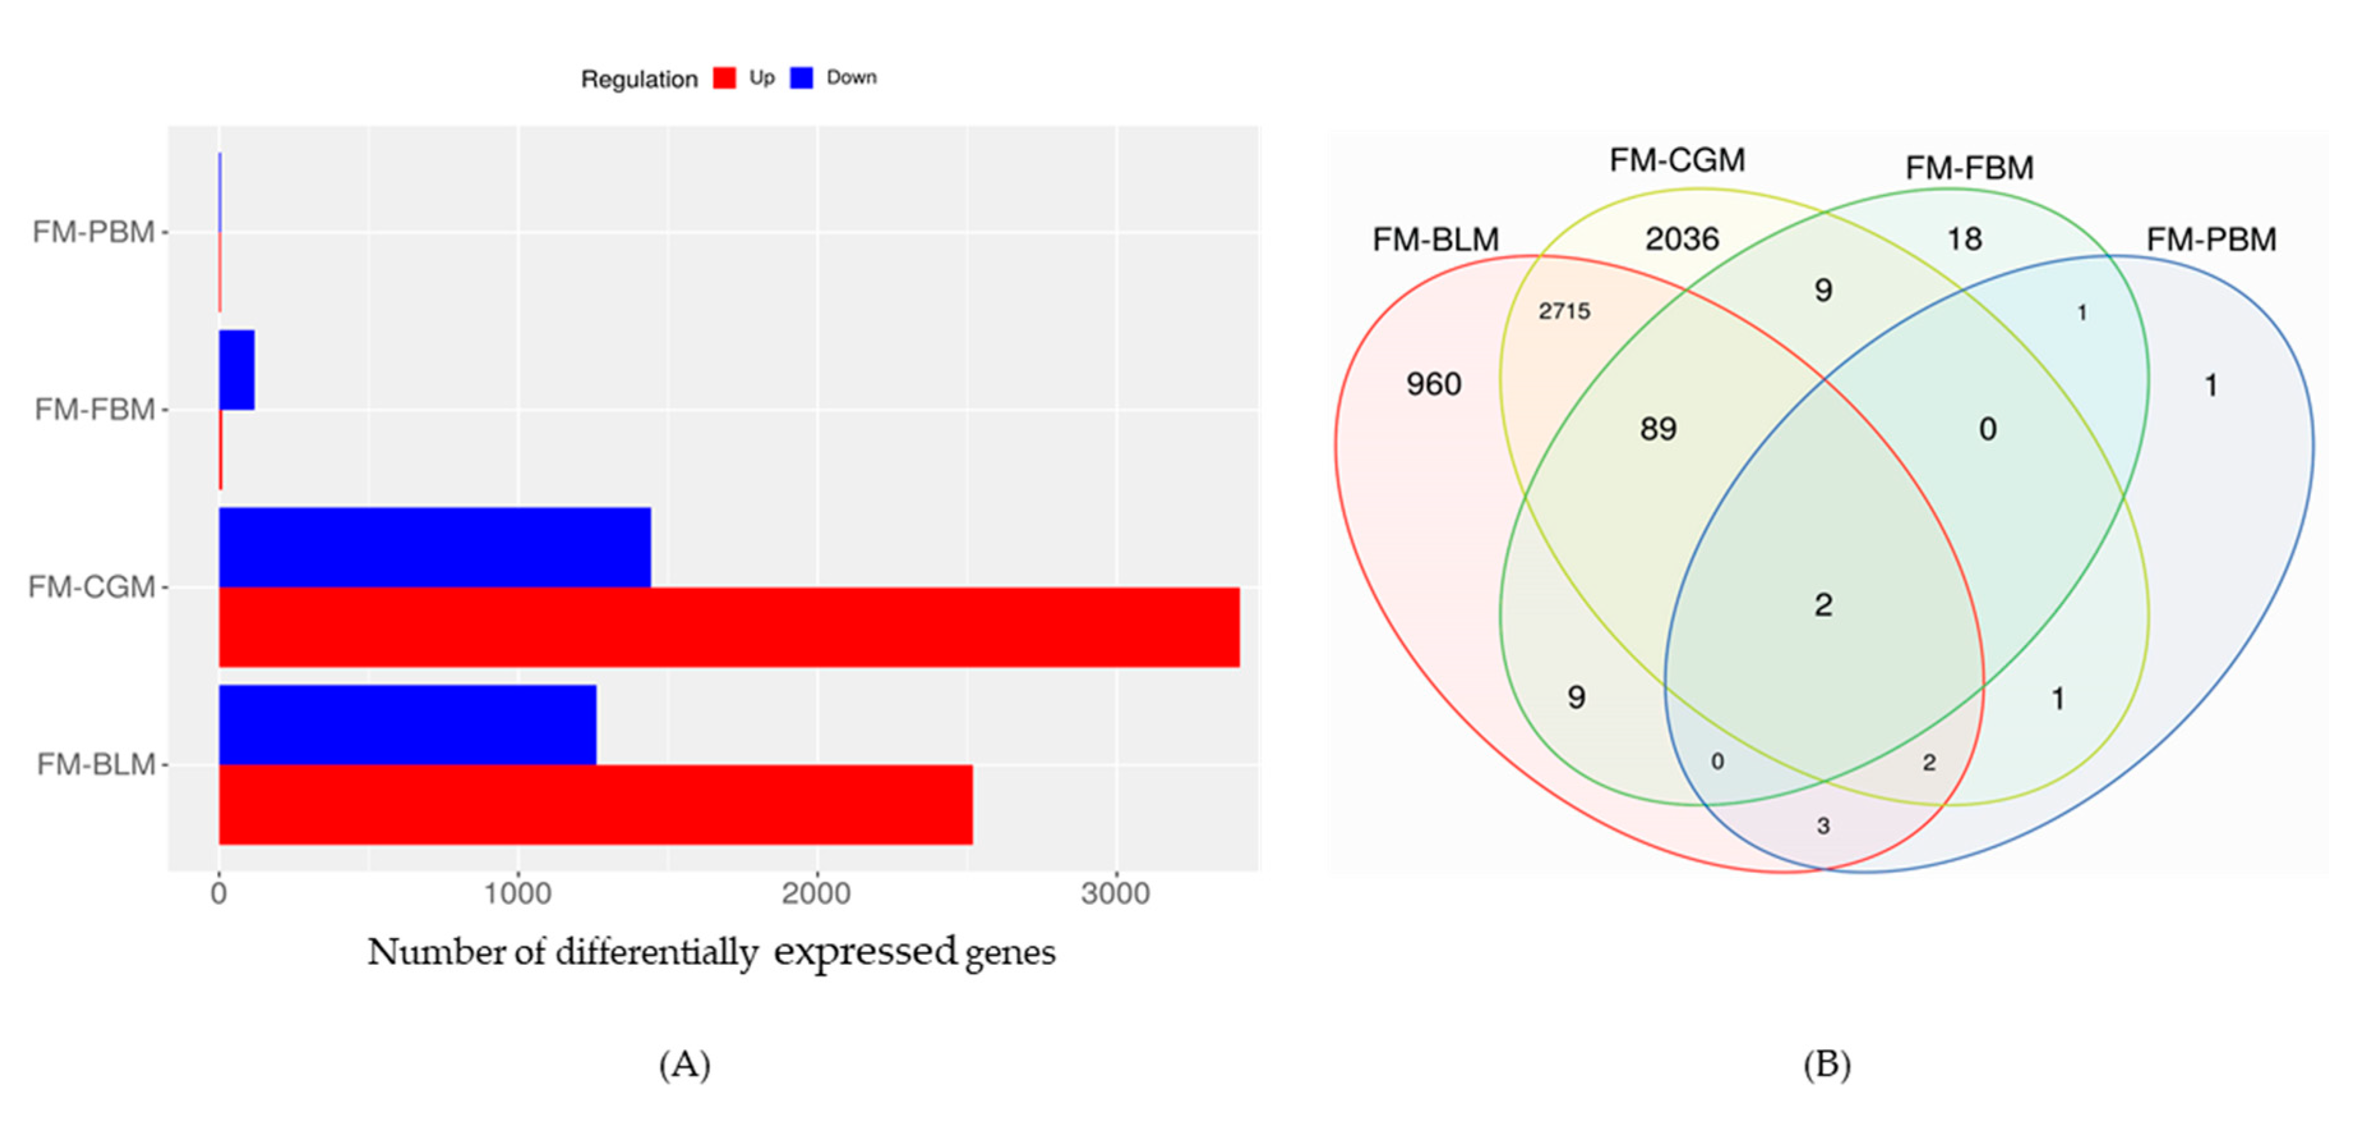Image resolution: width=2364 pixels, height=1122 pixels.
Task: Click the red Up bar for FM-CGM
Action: pos(729,627)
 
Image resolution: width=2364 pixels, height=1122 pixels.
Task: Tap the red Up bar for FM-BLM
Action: pos(595,805)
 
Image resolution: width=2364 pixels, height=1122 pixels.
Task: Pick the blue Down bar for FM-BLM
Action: pos(407,724)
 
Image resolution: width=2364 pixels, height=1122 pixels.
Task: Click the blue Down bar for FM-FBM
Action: pos(237,370)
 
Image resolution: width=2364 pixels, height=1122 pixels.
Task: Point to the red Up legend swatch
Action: pos(724,78)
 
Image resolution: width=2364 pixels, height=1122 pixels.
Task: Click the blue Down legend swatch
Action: pos(801,78)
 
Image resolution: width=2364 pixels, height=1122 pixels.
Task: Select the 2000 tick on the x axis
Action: pos(816,893)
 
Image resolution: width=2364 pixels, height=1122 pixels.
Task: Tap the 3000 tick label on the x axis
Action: pos(1115,893)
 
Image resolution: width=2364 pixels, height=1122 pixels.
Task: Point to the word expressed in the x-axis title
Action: pos(864,952)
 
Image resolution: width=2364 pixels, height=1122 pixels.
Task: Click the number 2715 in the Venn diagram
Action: pos(1564,311)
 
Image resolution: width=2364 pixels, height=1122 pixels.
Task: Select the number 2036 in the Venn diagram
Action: pos(1681,239)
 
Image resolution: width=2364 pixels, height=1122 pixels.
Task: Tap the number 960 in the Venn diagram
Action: pos(1433,384)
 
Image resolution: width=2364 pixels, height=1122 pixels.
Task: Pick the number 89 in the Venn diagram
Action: pos(1657,428)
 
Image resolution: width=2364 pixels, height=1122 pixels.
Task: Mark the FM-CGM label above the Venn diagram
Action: pos(1677,161)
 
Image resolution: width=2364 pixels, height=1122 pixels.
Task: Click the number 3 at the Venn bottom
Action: pos(1823,826)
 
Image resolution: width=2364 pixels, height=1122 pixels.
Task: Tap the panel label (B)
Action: pos(1826,1064)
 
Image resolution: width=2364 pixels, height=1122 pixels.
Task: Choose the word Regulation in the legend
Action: pos(639,80)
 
